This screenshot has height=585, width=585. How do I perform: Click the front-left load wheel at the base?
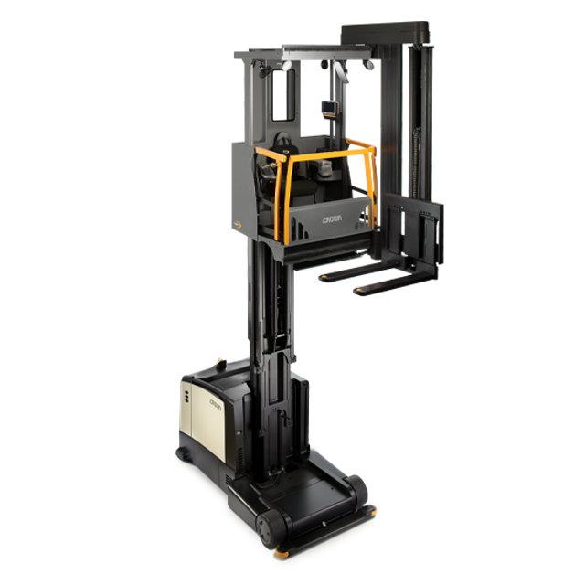click(x=270, y=529)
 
